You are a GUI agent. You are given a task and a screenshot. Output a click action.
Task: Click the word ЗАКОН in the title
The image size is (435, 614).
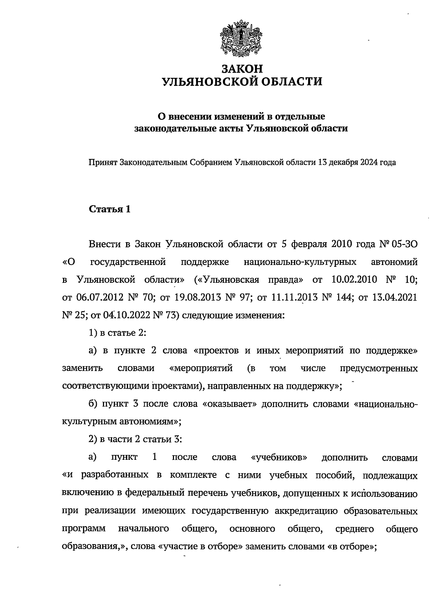coord(242,69)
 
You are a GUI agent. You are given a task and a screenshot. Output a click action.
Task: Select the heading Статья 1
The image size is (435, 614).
coord(109,210)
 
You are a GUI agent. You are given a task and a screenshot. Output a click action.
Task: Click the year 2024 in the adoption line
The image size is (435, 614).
coord(369,163)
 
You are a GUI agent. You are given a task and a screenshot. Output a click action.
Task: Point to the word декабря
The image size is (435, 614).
coord(343,163)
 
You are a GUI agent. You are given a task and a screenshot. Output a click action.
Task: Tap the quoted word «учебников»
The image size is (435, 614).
coord(279,458)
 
